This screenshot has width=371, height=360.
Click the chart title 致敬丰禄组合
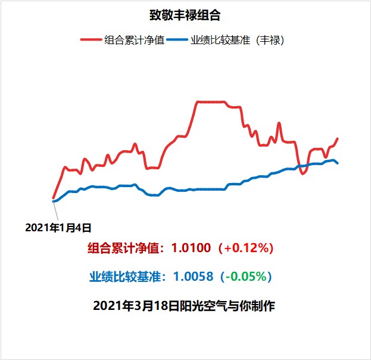click(185, 14)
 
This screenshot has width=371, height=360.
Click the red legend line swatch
click(92, 41)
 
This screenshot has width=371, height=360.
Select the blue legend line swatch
click(177, 41)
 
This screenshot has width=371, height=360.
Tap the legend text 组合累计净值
click(134, 41)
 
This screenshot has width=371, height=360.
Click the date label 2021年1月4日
click(58, 227)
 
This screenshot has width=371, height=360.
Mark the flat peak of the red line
click(211, 102)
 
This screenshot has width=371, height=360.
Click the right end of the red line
click(338, 139)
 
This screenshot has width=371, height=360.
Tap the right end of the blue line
click(338, 163)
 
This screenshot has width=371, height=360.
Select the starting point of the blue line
click(54, 201)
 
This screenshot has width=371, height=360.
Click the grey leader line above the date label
click(57, 211)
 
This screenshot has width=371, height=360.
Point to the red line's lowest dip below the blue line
click(303, 173)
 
